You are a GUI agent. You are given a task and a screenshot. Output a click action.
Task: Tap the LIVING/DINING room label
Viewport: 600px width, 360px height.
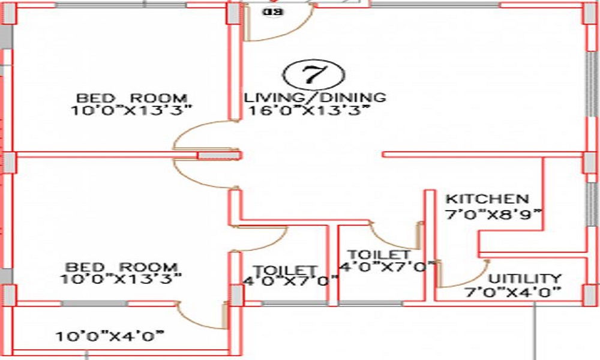(x=315, y=97)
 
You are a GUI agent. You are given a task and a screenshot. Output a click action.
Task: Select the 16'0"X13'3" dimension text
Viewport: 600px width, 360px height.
(x=308, y=110)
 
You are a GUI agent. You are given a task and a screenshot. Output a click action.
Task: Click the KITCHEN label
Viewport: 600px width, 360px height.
(x=487, y=199)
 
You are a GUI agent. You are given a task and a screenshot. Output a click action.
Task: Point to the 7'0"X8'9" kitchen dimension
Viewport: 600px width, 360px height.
(x=493, y=213)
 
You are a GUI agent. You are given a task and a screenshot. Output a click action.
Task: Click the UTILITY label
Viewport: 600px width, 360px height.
(x=525, y=279)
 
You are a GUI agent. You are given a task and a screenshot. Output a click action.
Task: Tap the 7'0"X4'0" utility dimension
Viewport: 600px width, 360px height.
(x=513, y=292)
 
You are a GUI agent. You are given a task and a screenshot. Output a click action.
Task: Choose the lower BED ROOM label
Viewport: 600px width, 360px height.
(x=122, y=266)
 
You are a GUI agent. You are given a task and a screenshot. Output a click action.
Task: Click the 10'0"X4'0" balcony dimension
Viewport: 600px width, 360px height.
(x=110, y=336)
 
